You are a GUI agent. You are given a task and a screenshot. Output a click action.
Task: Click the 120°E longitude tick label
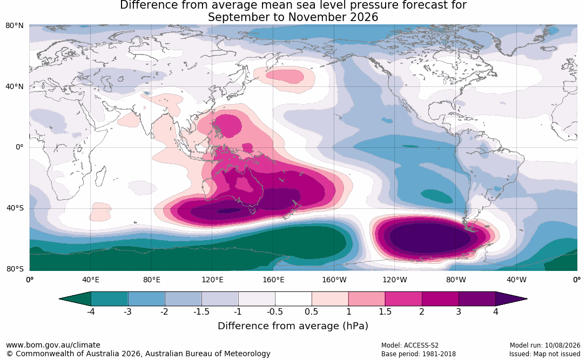pyautogui.click(x=212, y=280)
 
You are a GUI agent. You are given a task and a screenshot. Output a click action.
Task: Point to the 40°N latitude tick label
pyautogui.click(x=15, y=87)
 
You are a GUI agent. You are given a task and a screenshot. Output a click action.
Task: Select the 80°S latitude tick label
pyautogui.click(x=15, y=269)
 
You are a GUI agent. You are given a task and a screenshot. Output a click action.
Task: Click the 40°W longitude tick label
pyautogui.click(x=516, y=280)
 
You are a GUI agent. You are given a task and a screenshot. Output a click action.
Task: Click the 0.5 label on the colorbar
pyautogui.click(x=311, y=312)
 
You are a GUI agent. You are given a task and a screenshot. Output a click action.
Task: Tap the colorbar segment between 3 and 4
pyautogui.click(x=477, y=299)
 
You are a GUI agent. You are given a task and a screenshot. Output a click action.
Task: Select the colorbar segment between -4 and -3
pyautogui.click(x=110, y=299)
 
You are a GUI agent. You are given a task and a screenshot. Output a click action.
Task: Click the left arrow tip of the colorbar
pyautogui.click(x=59, y=299)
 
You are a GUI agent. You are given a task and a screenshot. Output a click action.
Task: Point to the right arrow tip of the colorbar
pyautogui.click(x=527, y=299)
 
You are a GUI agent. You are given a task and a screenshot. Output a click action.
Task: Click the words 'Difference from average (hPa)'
pyautogui.click(x=293, y=326)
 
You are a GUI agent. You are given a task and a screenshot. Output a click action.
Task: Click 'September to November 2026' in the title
pyautogui.click(x=293, y=17)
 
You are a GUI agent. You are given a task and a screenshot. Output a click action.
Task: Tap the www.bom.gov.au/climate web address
pyautogui.click(x=53, y=345)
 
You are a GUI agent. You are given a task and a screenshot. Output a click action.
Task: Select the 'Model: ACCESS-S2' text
pyautogui.click(x=410, y=345)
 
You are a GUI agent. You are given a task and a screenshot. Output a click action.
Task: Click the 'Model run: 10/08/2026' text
pyautogui.click(x=545, y=345)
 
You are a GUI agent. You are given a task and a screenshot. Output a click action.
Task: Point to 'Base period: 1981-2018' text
pyautogui.click(x=419, y=354)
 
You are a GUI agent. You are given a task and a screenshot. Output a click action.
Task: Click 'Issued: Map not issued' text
pyautogui.click(x=545, y=354)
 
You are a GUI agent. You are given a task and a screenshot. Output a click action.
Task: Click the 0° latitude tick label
pyautogui.click(x=19, y=147)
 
